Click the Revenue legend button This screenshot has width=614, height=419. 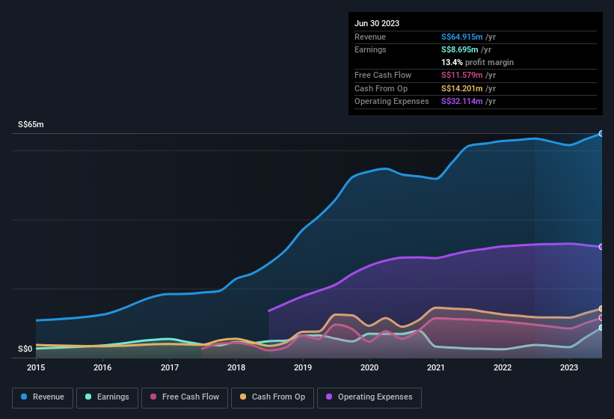click(43, 397)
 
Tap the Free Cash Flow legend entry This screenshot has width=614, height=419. click(185, 397)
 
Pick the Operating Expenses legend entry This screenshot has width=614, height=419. click(369, 397)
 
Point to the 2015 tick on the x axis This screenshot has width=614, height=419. click(36, 367)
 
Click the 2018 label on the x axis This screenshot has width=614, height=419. click(236, 367)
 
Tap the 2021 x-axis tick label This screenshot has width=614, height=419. click(436, 367)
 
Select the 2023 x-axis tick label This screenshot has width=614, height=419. click(569, 367)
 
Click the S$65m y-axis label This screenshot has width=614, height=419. click(31, 124)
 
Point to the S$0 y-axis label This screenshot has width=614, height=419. click(25, 349)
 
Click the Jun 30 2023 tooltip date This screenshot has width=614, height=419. click(377, 23)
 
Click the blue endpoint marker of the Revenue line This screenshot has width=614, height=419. click(601, 134)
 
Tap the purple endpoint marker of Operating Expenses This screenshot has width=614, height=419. click(601, 247)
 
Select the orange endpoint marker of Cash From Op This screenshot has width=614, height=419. click(601, 309)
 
